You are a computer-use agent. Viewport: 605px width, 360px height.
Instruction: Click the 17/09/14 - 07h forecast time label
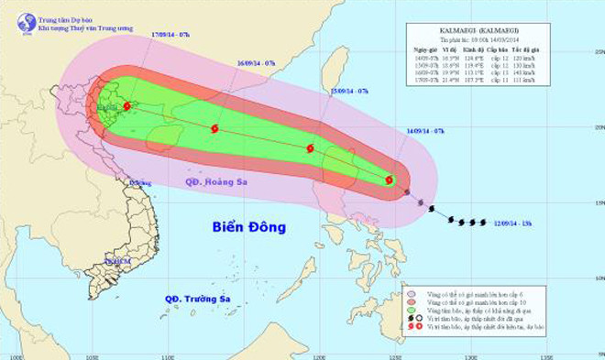170,34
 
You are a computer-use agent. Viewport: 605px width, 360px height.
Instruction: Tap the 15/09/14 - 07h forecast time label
349,92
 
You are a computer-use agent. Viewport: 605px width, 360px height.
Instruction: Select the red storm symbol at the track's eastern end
390,181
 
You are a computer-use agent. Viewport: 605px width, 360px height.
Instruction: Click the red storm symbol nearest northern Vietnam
126,106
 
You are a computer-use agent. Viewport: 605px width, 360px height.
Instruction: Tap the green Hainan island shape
163,138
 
